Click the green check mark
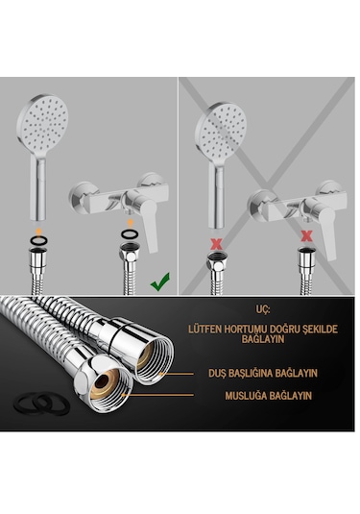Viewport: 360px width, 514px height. [160, 281]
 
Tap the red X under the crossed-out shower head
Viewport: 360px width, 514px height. [216, 244]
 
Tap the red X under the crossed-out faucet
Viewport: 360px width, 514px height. [306, 235]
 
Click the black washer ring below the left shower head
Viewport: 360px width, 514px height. [38, 240]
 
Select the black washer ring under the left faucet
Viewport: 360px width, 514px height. [130, 234]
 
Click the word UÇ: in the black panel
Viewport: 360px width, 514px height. [262, 309]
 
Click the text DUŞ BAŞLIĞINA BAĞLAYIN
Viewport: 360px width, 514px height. [263, 373]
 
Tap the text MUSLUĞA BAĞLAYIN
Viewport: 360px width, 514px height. [268, 396]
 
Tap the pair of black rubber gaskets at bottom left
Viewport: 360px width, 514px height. [41, 404]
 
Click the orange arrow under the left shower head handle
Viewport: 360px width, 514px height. [38, 230]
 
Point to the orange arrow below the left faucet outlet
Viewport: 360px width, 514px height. [130, 222]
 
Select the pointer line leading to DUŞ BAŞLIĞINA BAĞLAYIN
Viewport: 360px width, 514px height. [177, 374]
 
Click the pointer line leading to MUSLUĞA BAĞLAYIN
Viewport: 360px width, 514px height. [158, 395]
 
